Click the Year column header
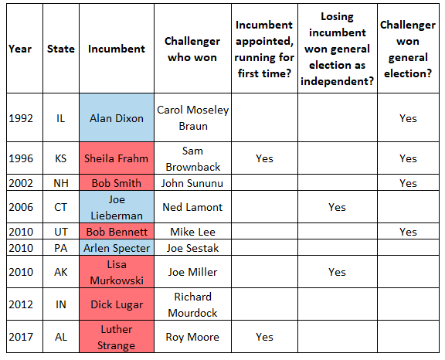[20, 49]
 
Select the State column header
[61, 49]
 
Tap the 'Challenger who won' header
[192, 49]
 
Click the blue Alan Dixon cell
[117, 117]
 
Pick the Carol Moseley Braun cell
[192, 117]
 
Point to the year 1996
[21, 158]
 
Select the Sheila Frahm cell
[117, 158]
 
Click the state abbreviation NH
[61, 183]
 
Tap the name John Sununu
[192, 183]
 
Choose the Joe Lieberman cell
[117, 207]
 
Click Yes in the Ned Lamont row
[337, 207]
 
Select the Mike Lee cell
[192, 232]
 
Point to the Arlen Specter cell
[117, 248]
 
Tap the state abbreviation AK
[61, 272]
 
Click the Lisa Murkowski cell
[117, 272]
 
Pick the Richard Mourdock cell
[192, 304]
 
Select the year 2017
[21, 337]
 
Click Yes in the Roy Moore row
[264, 337]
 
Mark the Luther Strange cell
[117, 337]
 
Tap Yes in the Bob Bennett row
[408, 232]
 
